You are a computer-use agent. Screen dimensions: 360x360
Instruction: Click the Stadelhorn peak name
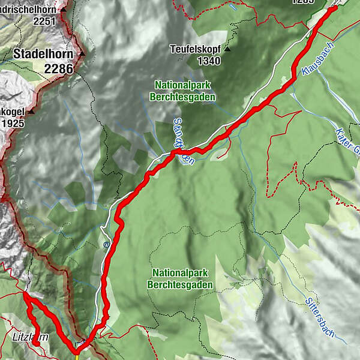tap(41, 55)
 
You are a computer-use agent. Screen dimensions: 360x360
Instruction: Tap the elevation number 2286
tap(58, 69)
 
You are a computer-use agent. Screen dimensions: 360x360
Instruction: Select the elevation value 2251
tap(44, 22)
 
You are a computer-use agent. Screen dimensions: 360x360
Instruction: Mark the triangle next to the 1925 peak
tap(30, 112)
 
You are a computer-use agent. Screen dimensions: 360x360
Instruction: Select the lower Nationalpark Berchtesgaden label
tap(183, 278)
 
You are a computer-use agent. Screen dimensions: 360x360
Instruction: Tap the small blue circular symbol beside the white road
tap(106, 244)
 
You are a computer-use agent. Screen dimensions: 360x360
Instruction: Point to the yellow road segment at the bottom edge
tap(78, 356)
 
